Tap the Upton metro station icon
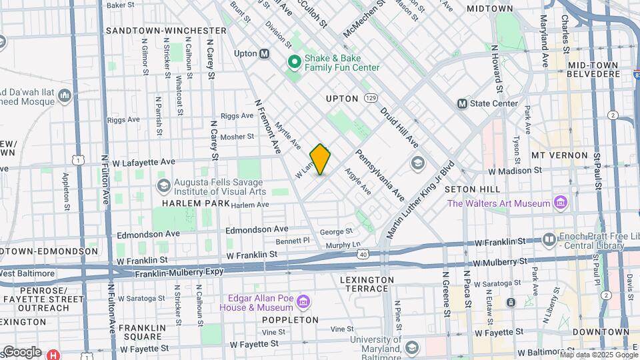(x=265, y=53)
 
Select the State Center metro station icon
(x=462, y=103)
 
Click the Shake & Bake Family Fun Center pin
(x=294, y=63)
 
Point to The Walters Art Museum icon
(x=561, y=203)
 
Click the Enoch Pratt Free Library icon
(x=549, y=238)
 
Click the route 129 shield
(x=371, y=98)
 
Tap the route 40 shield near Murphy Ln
(x=363, y=254)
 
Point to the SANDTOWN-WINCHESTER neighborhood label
(x=166, y=31)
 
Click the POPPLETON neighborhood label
(x=291, y=320)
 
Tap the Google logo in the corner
(x=21, y=351)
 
